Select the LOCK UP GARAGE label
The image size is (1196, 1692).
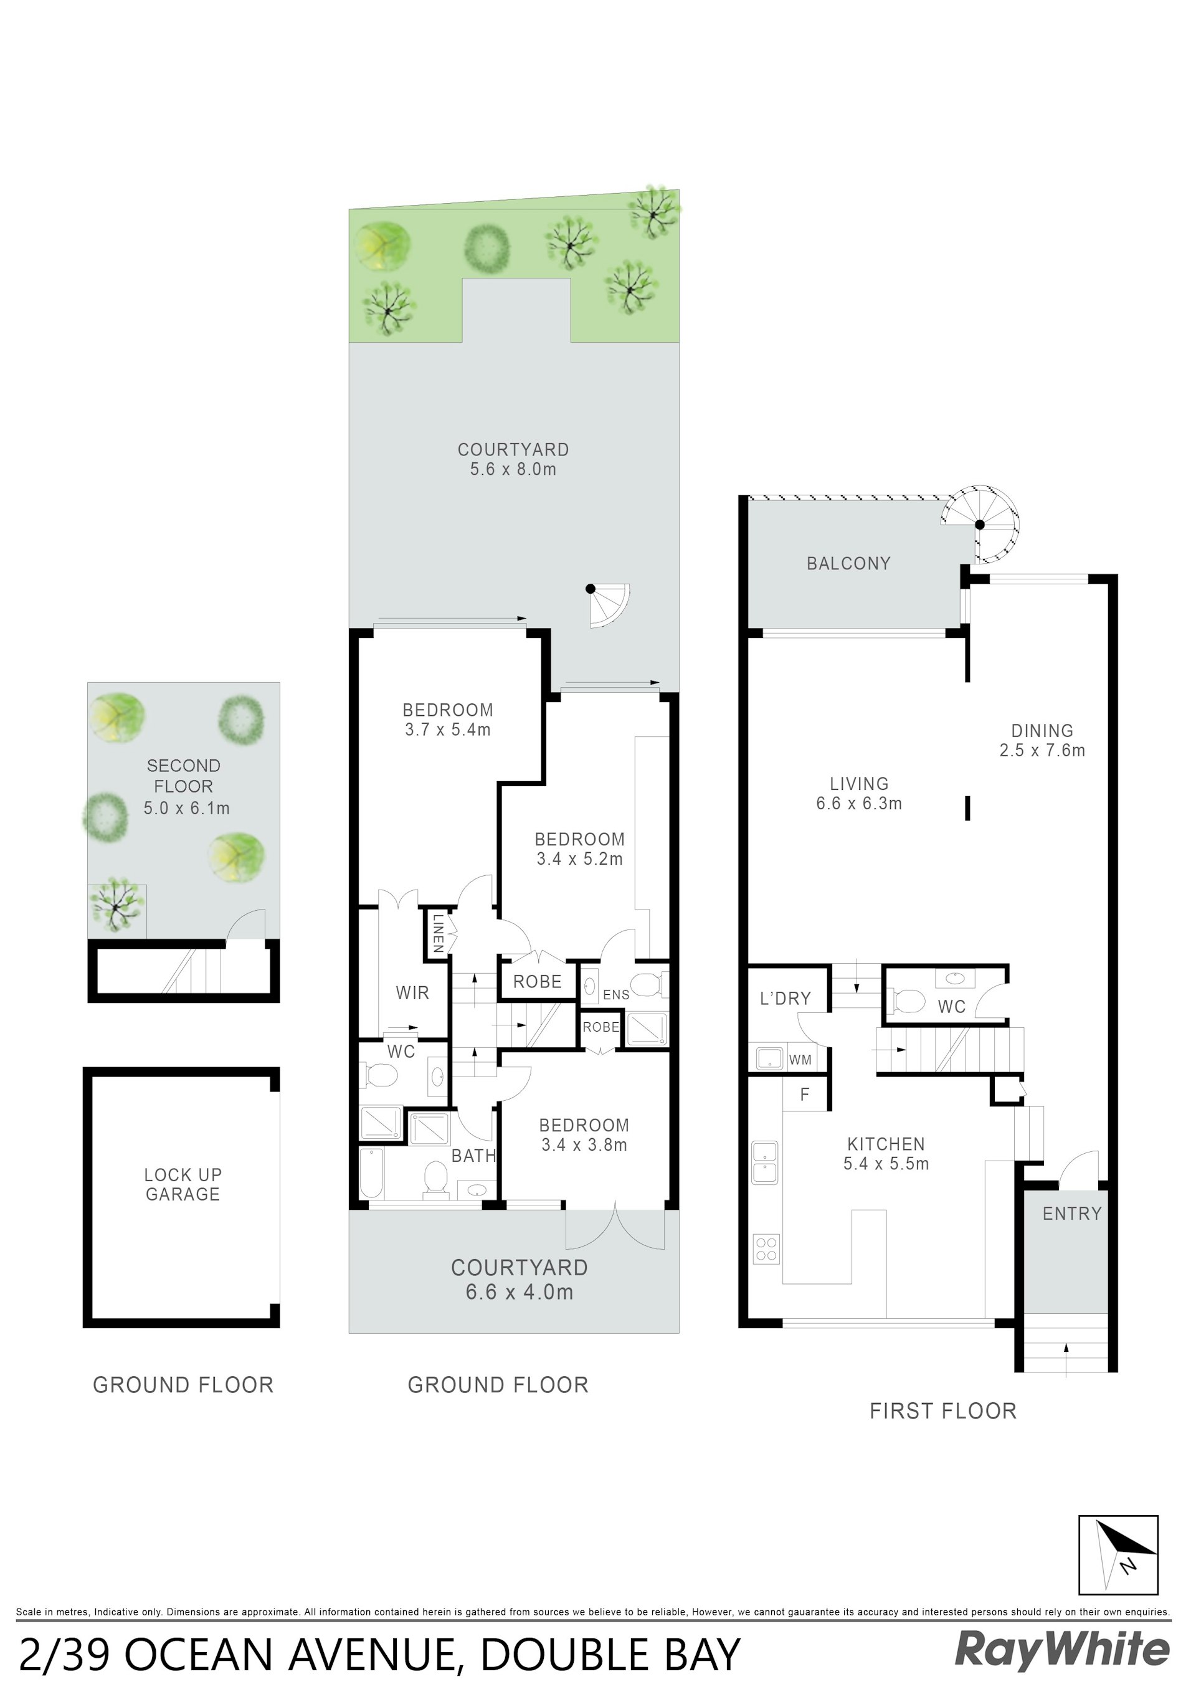tap(183, 1184)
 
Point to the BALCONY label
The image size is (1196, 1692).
tap(848, 564)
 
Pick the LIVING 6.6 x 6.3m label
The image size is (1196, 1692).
tap(858, 794)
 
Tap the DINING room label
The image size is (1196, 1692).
tap(1042, 731)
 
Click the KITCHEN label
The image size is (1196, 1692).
tap(886, 1144)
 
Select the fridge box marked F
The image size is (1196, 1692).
tap(805, 1095)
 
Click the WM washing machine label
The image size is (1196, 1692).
tap(800, 1060)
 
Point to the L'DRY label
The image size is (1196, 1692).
tap(785, 999)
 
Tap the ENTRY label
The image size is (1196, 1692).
tap(1071, 1214)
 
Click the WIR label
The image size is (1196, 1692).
tap(412, 992)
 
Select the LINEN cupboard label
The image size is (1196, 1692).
tap(438, 934)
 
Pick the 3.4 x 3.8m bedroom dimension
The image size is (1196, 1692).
tap(584, 1145)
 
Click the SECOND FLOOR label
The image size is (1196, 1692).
tap(184, 776)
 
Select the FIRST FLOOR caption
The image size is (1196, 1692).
tap(942, 1411)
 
